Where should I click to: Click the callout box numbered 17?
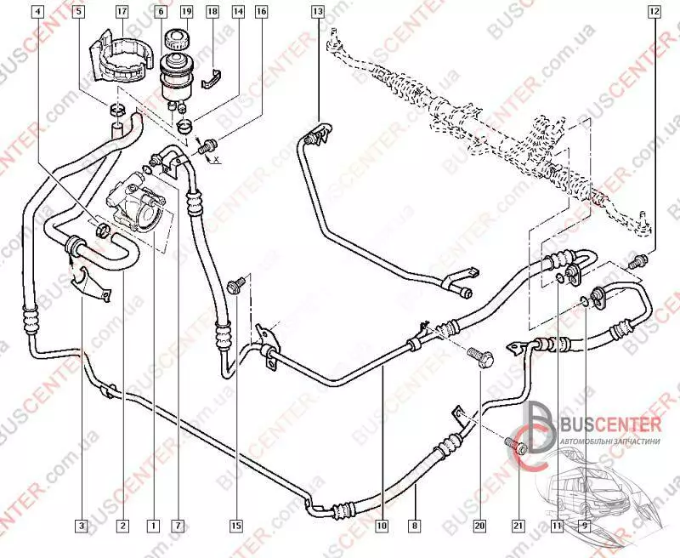click(122, 12)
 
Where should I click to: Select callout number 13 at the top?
click(317, 12)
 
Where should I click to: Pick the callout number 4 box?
click(35, 12)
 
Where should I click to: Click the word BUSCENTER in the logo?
click(609, 424)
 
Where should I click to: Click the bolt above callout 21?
click(516, 445)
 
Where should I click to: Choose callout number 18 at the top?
click(212, 12)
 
